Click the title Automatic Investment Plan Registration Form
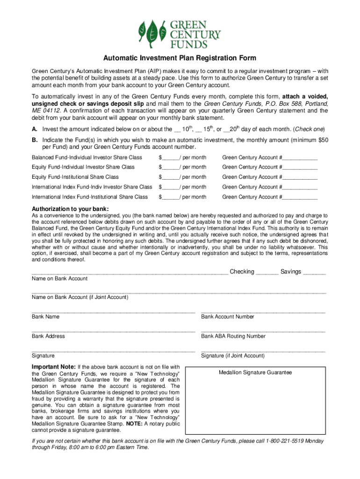180,58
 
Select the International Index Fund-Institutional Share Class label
90,197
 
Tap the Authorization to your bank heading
70,209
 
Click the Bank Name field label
45,317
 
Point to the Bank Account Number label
228,317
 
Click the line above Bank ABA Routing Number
263,331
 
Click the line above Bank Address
113,331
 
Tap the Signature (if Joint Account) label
233,356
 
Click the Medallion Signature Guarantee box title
255,372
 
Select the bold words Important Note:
53,367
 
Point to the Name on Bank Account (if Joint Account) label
80,297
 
